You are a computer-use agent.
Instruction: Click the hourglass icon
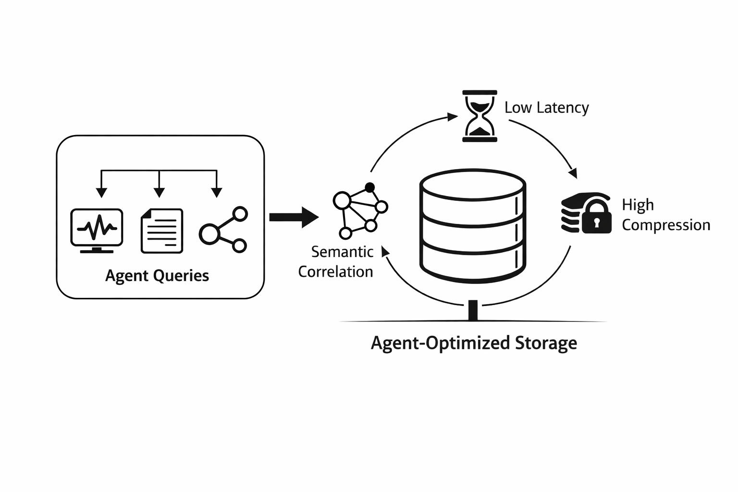480,116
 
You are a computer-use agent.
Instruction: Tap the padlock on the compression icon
596,219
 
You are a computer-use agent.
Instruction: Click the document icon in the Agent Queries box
162,231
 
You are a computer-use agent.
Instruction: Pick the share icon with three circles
223,230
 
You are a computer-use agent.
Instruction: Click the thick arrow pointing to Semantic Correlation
294,217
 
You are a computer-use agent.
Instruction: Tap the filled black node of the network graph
369,187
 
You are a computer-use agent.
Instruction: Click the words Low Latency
546,108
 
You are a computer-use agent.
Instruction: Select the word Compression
665,225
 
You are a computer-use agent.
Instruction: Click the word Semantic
342,252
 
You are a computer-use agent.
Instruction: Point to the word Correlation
335,272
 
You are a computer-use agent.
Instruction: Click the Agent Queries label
157,276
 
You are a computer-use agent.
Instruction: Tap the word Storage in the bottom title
546,343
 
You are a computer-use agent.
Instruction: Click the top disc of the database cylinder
473,184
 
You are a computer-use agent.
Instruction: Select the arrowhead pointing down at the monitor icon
101,192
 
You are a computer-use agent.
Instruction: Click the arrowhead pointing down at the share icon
217,192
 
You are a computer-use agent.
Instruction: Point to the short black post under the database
473,310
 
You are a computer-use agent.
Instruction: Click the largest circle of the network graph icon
342,200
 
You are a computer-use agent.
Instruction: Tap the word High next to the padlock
638,205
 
